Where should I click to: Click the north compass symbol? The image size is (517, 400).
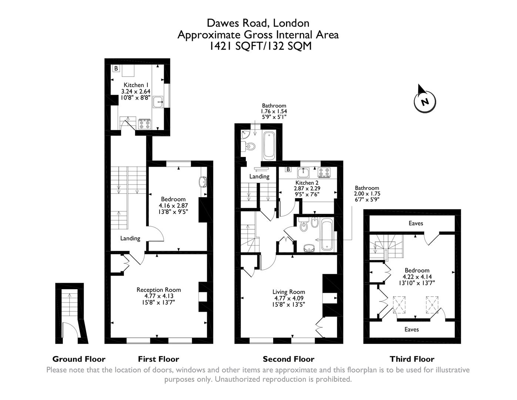coord(424,100)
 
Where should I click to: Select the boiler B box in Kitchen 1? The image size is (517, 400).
coord(116,69)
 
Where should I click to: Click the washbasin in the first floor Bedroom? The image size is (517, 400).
coord(203,182)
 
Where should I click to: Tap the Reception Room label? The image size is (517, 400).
coord(159,290)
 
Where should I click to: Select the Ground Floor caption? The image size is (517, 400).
coord(79,359)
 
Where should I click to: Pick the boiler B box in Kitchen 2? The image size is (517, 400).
coord(288,170)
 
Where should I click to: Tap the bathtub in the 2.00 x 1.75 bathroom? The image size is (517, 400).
coord(327,235)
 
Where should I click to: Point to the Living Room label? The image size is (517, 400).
coord(289,292)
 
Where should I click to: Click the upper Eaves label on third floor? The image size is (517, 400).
coord(416,223)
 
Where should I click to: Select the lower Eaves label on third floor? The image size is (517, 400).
coord(412,329)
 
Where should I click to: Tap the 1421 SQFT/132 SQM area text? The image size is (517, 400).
coord(259,46)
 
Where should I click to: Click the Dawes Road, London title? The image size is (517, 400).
coord(258,23)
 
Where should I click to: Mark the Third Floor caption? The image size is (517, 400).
coord(412,359)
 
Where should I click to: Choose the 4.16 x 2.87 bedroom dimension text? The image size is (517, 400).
coord(173,206)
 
